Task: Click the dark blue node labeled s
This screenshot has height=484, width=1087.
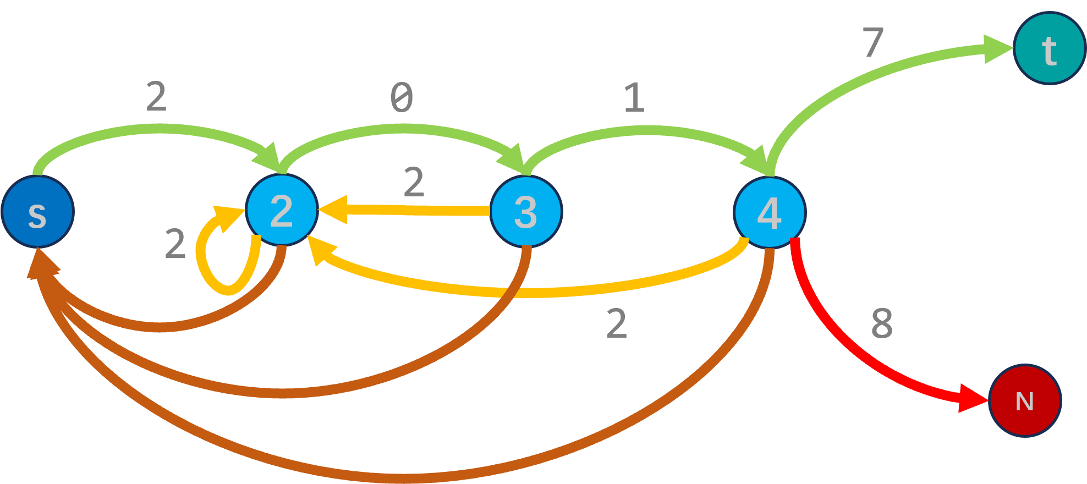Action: pos(37,212)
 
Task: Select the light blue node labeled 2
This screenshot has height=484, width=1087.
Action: pos(282,210)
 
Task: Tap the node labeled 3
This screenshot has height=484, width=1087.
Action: pos(526,212)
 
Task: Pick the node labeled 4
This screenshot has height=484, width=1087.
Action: pos(770,213)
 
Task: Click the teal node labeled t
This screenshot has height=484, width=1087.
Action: pos(1049,48)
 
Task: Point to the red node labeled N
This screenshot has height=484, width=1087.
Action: pos(1025,400)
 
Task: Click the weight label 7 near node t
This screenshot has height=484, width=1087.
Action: pos(873,42)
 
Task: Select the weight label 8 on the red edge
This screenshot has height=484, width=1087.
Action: pos(882,323)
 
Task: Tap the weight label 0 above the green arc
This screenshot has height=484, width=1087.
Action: pos(402,97)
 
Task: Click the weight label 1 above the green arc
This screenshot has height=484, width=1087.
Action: pos(634,97)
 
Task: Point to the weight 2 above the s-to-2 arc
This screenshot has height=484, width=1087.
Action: pos(157,97)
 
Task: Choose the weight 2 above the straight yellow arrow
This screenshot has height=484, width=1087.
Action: pos(414,182)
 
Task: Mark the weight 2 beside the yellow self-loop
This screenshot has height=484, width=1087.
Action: pos(175,244)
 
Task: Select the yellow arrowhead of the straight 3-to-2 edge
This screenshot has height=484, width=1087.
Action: pos(333,210)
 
